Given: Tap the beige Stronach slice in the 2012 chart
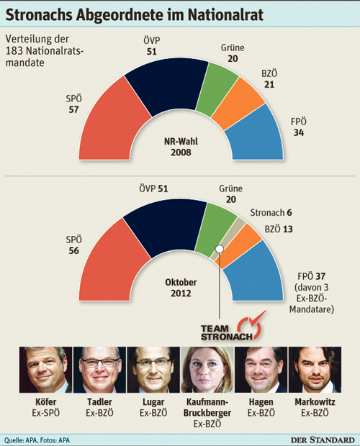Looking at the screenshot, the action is click(228, 238).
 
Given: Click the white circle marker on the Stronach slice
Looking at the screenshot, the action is click(220, 249).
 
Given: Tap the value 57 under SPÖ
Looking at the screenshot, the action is click(73, 109).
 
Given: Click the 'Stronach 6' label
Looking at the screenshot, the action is click(271, 212).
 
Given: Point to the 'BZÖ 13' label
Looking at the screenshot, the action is click(279, 229).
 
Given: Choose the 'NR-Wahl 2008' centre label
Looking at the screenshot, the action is click(181, 147).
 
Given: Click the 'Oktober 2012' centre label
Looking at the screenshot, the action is click(181, 288).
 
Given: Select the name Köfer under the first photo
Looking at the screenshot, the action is click(46, 402).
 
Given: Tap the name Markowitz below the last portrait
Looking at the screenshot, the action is click(315, 402).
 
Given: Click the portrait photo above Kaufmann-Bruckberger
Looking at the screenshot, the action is click(207, 370).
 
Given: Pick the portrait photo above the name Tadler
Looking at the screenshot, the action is click(99, 370).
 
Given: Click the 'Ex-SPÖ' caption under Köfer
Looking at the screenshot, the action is click(46, 413).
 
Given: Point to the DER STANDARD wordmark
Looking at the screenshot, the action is click(323, 440).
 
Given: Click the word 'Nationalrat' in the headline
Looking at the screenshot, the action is click(225, 15).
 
